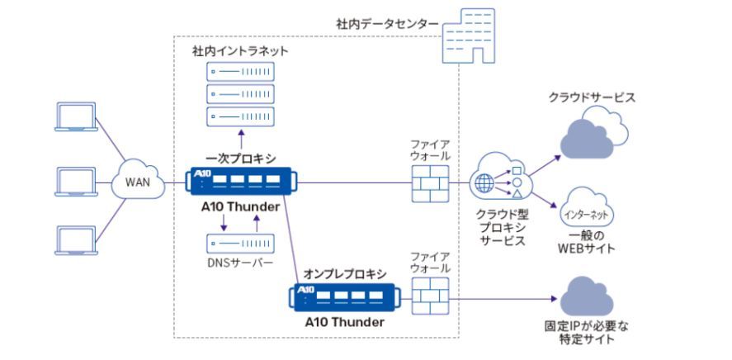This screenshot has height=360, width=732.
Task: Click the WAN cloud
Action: tap(137, 181)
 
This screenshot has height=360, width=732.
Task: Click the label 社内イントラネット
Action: tap(240, 51)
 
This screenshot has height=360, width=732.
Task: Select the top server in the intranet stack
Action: tap(240, 72)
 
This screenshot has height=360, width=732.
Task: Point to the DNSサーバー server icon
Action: tap(240, 244)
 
